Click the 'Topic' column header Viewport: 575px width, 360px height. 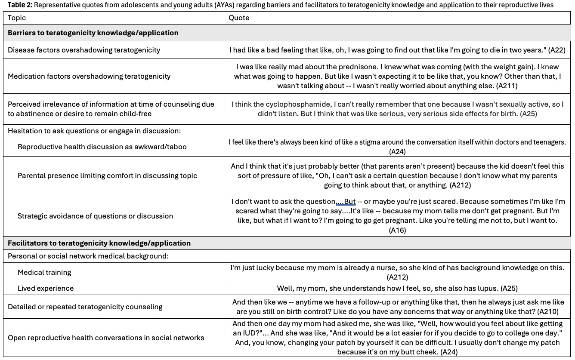17,18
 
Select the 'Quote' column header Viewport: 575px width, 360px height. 239,18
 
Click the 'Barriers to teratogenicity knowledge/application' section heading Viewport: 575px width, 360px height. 93,33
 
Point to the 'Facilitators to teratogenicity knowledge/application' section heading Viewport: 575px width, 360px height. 99,243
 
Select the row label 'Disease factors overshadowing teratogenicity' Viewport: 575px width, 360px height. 84,50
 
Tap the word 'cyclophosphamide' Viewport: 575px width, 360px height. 286,105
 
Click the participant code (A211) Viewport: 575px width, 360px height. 507,86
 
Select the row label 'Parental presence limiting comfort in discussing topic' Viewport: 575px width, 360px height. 107,175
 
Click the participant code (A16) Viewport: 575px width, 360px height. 397,230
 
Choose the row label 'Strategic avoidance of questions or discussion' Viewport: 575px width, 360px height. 95,216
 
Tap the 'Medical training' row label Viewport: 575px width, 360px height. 44,272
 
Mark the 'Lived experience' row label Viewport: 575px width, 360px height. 46,288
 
